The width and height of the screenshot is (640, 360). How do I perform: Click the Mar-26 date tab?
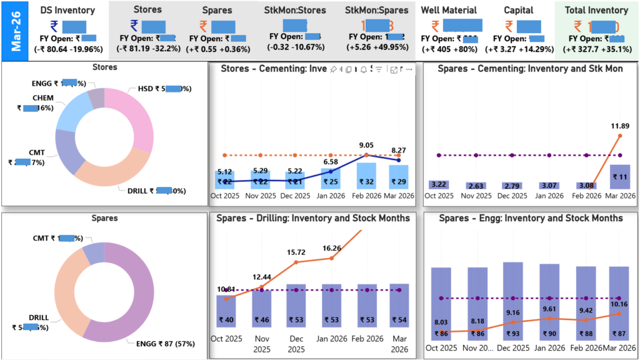(x=14, y=30)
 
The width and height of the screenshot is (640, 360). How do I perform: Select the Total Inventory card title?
(x=596, y=10)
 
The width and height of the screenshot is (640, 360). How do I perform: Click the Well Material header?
(x=449, y=10)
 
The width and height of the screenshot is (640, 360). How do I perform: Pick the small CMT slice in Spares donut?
(x=92, y=253)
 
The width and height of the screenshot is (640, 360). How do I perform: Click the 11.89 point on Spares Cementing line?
(x=619, y=135)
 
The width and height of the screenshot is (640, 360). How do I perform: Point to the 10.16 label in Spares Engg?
(x=619, y=304)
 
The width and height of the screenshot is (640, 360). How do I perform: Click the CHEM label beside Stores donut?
(x=43, y=98)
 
